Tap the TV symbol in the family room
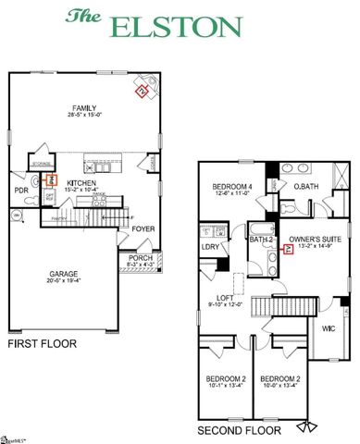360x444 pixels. (x=142, y=92)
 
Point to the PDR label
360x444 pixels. (x=21, y=191)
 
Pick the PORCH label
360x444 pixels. (x=141, y=258)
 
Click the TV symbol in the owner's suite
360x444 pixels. (x=288, y=248)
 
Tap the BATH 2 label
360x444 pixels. (x=259, y=240)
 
